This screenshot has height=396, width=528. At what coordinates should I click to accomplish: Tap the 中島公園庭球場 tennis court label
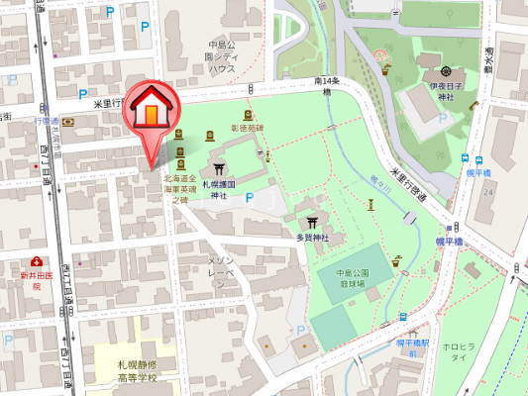click(351, 278)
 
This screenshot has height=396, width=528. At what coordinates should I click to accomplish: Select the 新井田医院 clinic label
click(36, 279)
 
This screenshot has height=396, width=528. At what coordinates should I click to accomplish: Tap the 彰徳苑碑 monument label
click(248, 128)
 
